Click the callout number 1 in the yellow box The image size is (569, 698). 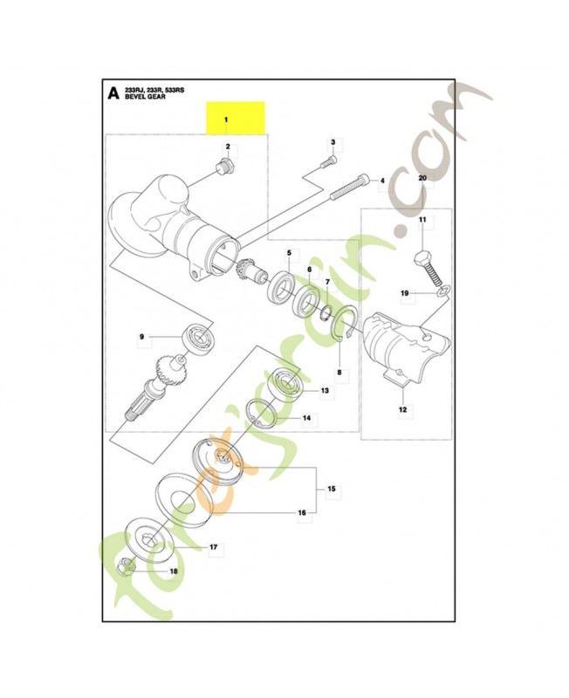[x=226, y=120]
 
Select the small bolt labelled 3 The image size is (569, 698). [x=330, y=161]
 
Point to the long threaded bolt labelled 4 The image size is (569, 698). [x=349, y=186]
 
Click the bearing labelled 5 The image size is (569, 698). [x=281, y=287]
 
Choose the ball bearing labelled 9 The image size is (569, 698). [x=200, y=338]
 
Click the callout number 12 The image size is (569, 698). [x=402, y=409]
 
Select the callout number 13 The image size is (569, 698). [x=325, y=390]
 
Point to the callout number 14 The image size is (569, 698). [x=307, y=418]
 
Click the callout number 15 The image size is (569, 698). [x=332, y=489]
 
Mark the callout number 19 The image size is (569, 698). [x=404, y=293]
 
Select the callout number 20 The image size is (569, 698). [x=422, y=178]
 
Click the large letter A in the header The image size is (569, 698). [x=114, y=93]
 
